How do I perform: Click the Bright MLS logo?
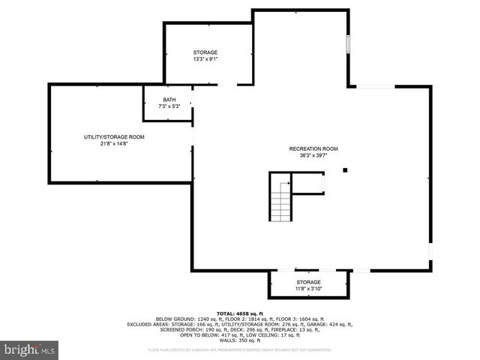click(30, 349)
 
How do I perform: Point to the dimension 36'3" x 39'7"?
click(313, 156)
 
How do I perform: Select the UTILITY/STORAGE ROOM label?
click(114, 137)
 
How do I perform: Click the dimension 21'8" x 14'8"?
click(114, 144)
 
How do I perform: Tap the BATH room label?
click(170, 100)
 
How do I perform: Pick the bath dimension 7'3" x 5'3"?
click(170, 106)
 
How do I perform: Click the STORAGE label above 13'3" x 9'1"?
click(205, 52)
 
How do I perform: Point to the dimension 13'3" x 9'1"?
click(205, 59)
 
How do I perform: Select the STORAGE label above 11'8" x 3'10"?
click(307, 282)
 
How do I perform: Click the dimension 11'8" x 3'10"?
click(307, 289)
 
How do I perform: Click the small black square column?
click(345, 170)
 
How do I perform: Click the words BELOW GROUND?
click(175, 319)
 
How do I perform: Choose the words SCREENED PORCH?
click(182, 329)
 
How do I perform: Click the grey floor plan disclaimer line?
click(240, 349)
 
